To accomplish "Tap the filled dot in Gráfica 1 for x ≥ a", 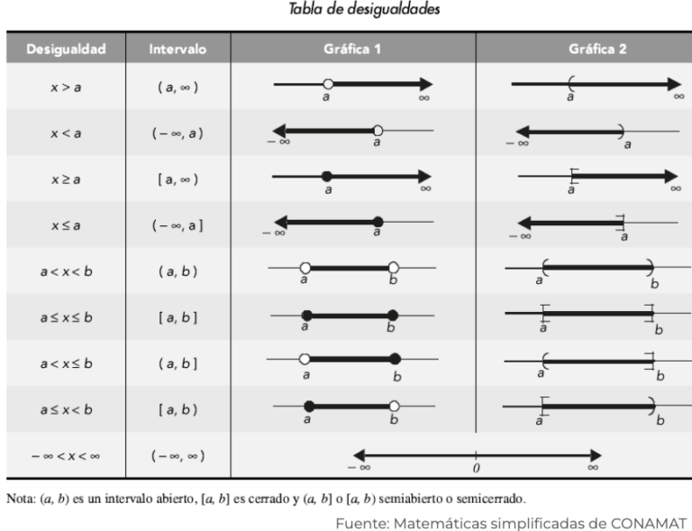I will [x=327, y=176].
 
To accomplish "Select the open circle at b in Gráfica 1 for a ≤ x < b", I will [x=394, y=406].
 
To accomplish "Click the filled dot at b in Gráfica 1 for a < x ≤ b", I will [x=395, y=360].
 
